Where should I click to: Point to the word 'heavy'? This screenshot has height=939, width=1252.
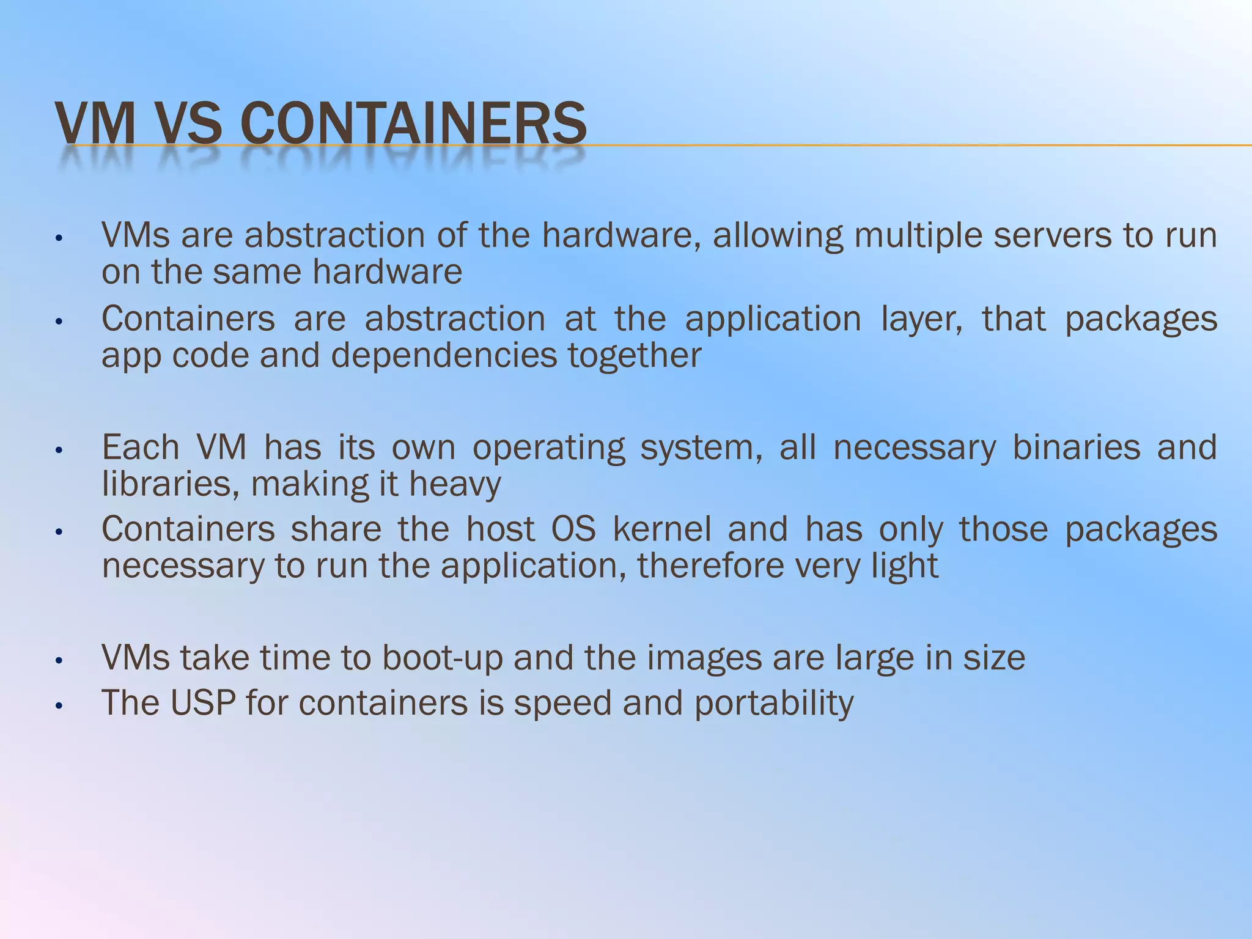455,485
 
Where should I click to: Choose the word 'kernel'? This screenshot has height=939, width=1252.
661,529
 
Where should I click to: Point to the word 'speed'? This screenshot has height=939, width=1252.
562,704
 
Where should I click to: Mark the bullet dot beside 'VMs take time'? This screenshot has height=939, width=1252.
59,661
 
